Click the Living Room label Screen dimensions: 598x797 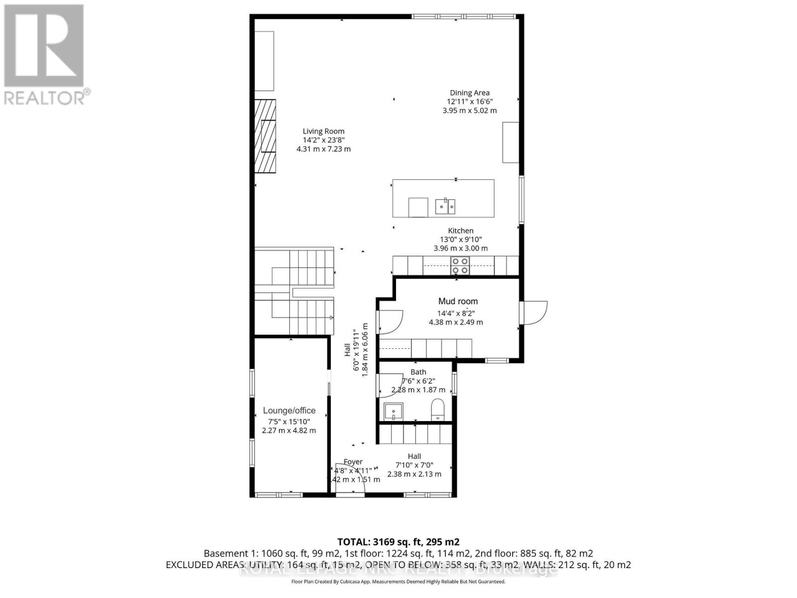coord(323,132)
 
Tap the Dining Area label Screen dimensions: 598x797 coord(469,93)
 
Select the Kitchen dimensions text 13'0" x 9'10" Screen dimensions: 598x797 coord(461,239)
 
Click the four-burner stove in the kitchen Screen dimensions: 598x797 coord(460,266)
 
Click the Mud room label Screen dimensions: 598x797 coord(458,301)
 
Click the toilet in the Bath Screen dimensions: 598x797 coord(437,409)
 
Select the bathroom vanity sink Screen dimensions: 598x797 coord(394,412)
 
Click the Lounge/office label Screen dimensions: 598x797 coord(289,411)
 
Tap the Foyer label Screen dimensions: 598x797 coord(353,462)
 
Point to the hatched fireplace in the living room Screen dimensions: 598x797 coord(265,136)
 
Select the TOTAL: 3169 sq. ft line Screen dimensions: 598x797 coord(398,542)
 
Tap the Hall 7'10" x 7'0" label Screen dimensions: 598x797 coord(414,456)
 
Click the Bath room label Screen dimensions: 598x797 coord(418,372)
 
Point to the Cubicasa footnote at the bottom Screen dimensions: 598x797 coord(398,582)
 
